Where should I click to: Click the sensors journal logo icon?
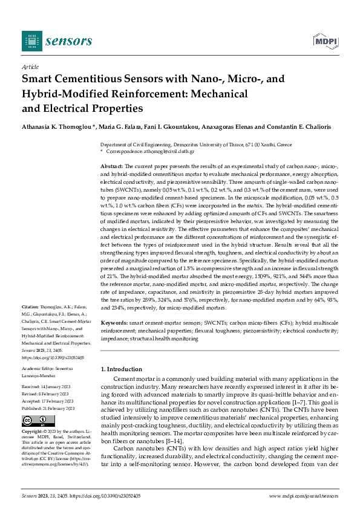click(x=31, y=41)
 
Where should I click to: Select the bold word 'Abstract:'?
click(x=112, y=166)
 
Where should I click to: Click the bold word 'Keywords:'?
click(x=114, y=324)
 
